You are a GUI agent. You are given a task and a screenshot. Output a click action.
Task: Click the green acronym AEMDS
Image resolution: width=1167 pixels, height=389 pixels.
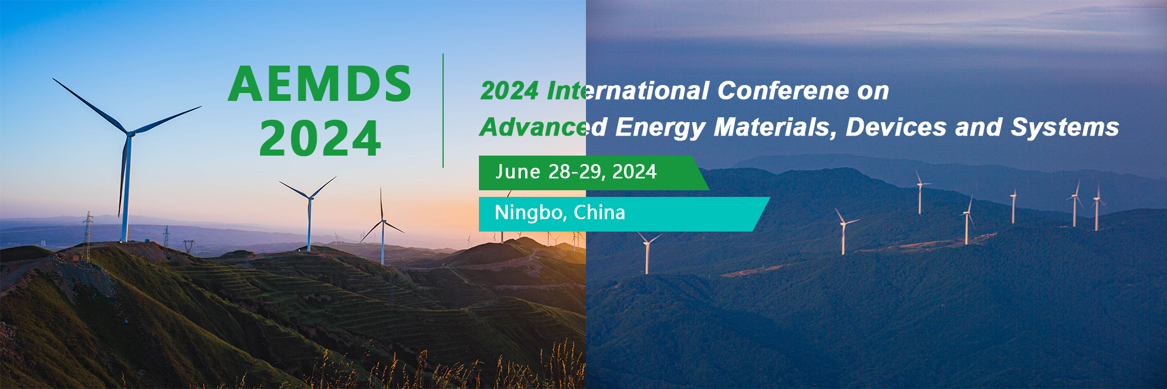pyautogui.click(x=320, y=84)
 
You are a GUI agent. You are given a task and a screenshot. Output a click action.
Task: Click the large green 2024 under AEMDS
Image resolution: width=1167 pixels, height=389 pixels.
pyautogui.click(x=320, y=138)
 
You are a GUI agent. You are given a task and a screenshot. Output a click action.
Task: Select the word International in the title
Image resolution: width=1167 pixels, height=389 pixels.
pyautogui.click(x=628, y=91)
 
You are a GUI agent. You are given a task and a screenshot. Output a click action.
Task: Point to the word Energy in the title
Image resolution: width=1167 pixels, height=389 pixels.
pyautogui.click(x=660, y=128)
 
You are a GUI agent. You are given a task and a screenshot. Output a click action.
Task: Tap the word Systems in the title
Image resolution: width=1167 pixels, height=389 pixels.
pyautogui.click(x=1065, y=128)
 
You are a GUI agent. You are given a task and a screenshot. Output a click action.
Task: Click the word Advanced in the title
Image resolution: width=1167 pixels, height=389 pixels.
pyautogui.click(x=543, y=127)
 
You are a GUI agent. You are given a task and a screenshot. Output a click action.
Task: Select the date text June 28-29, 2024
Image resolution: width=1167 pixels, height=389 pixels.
pyautogui.click(x=576, y=172)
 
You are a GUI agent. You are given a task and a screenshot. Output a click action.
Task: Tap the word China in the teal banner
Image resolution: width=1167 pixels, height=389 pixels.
pyautogui.click(x=599, y=213)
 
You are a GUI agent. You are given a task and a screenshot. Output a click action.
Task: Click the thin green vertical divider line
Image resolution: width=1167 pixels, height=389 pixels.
pyautogui.click(x=443, y=110)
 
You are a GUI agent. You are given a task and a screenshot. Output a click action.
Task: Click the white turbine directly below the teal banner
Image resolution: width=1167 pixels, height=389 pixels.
pyautogui.click(x=647, y=253)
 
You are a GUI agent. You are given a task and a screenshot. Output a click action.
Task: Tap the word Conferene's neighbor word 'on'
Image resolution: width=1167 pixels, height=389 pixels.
pyautogui.click(x=873, y=91)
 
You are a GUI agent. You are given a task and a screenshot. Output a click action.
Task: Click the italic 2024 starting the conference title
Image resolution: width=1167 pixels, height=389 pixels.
pyautogui.click(x=509, y=91)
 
